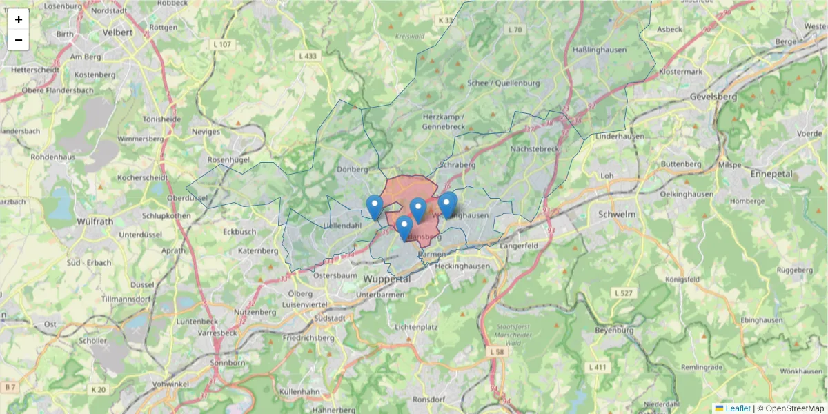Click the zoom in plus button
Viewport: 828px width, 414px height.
[19, 19]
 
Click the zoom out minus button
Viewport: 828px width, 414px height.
[19, 40]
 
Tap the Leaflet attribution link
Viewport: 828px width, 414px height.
[737, 408]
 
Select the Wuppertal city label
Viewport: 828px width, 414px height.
[386, 279]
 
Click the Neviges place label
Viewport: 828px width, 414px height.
[206, 131]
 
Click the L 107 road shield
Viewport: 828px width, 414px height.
[223, 44]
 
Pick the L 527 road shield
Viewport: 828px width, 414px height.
[623, 293]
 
